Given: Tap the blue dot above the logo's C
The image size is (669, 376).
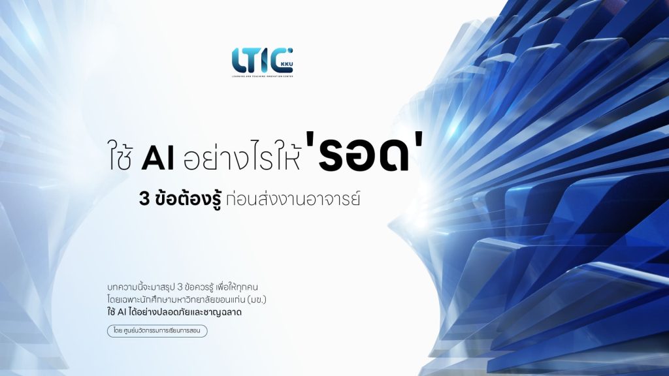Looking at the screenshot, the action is point(291,50).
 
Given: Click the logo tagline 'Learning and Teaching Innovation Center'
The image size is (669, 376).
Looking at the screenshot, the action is point(263,76).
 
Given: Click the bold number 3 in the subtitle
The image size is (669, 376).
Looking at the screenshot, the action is point(144,199).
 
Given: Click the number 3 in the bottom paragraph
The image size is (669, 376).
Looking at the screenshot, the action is point(180,287).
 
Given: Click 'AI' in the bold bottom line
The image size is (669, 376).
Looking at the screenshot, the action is point(122,312).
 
